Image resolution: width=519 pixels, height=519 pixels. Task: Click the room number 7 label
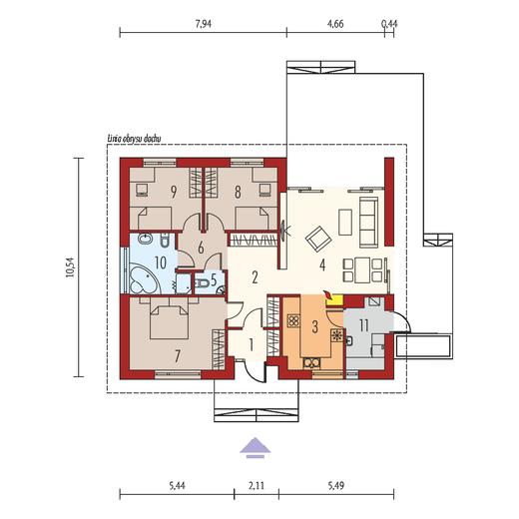178,356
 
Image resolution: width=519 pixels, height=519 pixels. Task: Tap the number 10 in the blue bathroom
161,262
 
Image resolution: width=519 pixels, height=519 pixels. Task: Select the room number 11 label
363,325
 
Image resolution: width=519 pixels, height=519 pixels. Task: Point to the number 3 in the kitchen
314,326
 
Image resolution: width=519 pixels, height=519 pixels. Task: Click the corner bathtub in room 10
144,280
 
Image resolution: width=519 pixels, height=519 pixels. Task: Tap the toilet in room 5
203,283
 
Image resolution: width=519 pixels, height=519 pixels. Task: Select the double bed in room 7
170,318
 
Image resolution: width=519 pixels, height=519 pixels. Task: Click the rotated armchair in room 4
319,240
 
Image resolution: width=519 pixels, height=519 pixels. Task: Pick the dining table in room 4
362,270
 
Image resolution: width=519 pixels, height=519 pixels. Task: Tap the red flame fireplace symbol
328,295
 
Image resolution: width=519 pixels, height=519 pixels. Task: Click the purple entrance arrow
256,447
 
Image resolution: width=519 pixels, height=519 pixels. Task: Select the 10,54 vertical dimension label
71,266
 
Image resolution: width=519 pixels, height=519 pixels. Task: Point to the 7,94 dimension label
204,24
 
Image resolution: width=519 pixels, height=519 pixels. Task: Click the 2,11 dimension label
257,486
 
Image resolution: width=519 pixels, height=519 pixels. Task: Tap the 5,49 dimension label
336,486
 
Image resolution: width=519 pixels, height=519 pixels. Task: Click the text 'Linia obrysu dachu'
134,139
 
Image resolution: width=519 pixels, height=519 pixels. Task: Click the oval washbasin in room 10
145,239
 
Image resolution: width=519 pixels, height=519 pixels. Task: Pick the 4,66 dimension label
335,24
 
